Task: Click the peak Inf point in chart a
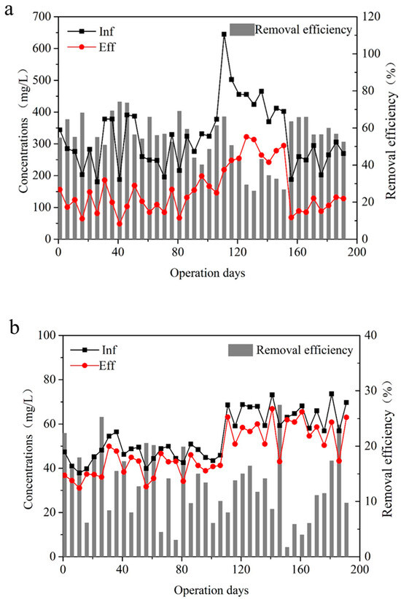224,34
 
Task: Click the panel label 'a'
9,10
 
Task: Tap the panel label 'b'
15,327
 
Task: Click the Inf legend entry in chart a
91,31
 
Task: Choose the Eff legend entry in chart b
93,366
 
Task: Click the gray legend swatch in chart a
242,29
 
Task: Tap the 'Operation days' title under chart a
208,273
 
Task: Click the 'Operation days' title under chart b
211,590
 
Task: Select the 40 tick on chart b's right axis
371,335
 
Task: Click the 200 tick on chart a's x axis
357,251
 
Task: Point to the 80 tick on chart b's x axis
182,569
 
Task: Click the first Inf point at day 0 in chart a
60,130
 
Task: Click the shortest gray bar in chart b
287,552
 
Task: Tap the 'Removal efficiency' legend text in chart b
304,350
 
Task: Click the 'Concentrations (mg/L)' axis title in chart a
24,131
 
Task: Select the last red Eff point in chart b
346,417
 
